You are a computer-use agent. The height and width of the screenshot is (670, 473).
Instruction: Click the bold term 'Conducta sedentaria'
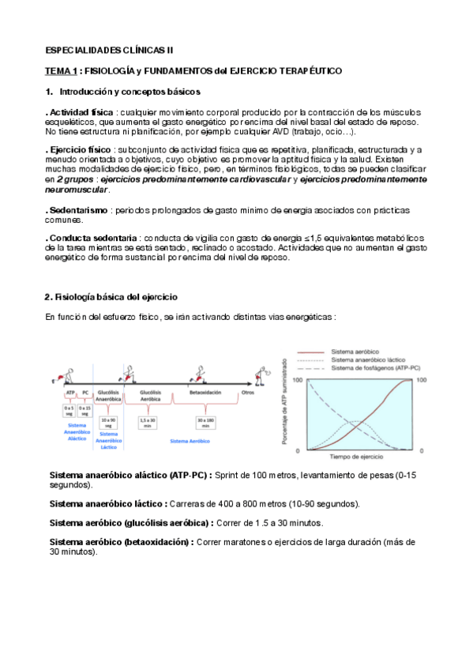click(90, 238)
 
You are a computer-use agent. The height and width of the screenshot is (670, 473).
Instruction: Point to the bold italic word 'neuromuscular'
click(77, 190)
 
